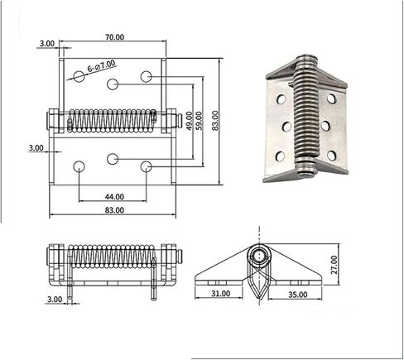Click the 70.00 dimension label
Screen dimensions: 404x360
point(115,37)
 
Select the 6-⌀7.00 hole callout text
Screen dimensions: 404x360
point(101,66)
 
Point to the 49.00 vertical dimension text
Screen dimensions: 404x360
point(189,121)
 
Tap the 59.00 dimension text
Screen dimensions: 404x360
point(200,121)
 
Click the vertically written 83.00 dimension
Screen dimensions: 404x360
point(215,120)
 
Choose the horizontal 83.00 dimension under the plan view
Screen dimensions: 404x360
point(114,210)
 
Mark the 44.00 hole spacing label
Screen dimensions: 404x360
point(114,197)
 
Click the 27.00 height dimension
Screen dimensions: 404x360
point(334,265)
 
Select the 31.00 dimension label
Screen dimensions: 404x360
point(221,294)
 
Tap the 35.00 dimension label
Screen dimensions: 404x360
point(298,295)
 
